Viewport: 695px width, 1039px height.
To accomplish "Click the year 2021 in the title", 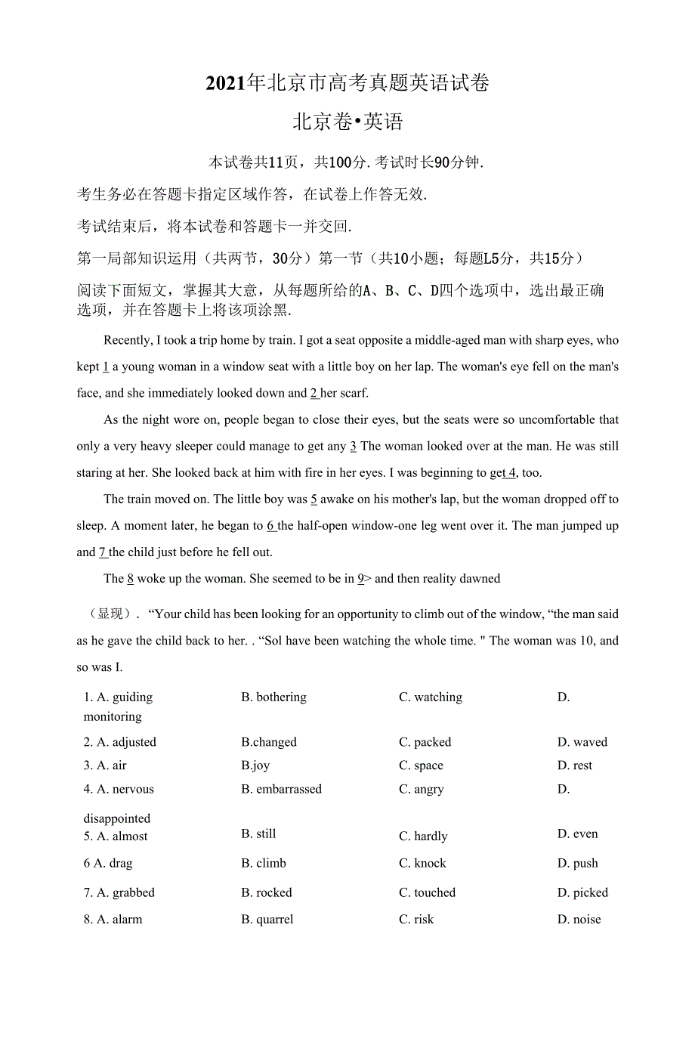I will pyautogui.click(x=226, y=83).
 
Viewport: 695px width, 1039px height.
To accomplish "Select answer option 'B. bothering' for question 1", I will pyautogui.click(x=273, y=697).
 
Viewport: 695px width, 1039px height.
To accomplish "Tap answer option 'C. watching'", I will pyautogui.click(x=431, y=697).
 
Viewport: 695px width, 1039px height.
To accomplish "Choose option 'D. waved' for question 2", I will pyautogui.click(x=582, y=742).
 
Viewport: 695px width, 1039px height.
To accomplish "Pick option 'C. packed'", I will pyautogui.click(x=425, y=742).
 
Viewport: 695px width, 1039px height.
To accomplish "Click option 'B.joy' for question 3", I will pyautogui.click(x=255, y=765).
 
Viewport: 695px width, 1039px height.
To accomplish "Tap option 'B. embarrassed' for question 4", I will pyautogui.click(x=281, y=789).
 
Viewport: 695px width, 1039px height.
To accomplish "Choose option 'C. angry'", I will pyautogui.click(x=422, y=790).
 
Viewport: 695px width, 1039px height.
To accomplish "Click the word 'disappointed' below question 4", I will pyautogui.click(x=117, y=818).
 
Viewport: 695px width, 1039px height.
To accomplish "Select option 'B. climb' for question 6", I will pyautogui.click(x=264, y=863).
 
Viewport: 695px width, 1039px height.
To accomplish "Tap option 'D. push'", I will pyautogui.click(x=577, y=863).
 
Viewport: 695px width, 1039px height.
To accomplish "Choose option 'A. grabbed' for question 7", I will pyautogui.click(x=119, y=892).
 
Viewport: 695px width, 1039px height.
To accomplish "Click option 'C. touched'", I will pyautogui.click(x=427, y=892).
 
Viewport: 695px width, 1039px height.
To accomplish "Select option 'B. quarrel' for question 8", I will pyautogui.click(x=267, y=920).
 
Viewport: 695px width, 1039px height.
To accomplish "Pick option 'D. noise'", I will pyautogui.click(x=579, y=920).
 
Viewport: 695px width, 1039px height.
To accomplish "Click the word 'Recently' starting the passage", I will pyautogui.click(x=128, y=340).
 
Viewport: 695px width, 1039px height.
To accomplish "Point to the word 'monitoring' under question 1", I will pyautogui.click(x=113, y=716).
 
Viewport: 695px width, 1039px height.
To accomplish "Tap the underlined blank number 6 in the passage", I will pyautogui.click(x=270, y=525).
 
